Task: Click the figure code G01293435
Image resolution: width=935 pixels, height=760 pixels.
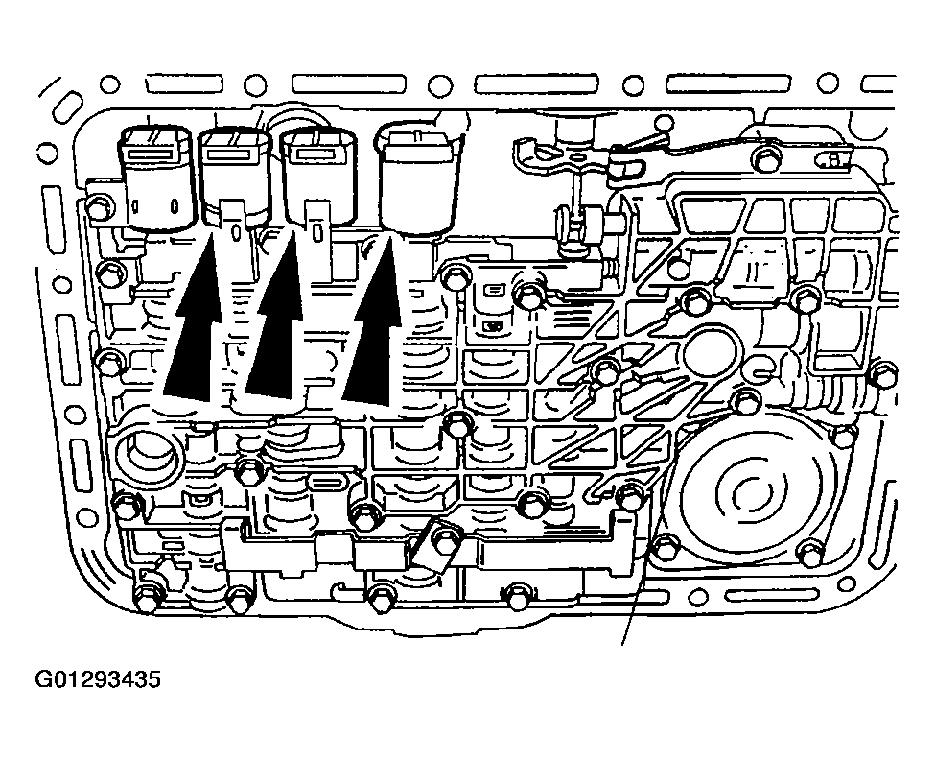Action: [98, 679]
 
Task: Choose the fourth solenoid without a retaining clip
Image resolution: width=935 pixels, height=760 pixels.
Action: [419, 178]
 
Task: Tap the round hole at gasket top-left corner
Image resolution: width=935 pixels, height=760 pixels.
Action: [109, 83]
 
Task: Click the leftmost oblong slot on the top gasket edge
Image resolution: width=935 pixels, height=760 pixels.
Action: [183, 84]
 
